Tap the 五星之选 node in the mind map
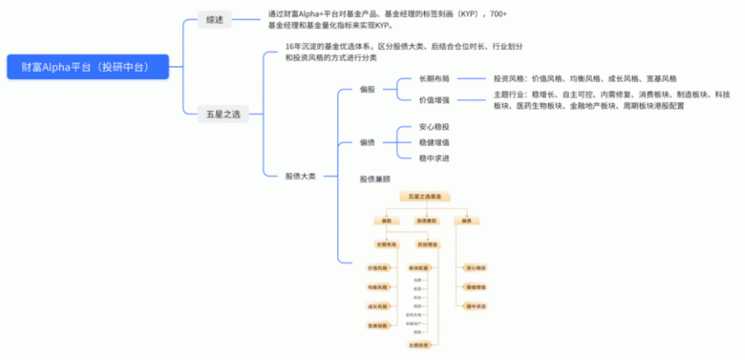[223, 114]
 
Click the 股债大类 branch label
[300, 176]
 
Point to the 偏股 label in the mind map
[368, 89]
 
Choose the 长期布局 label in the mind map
[435, 78]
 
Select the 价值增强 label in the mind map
[435, 99]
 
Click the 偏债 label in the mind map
[368, 142]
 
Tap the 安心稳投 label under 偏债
[435, 127]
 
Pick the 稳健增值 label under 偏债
[435, 142]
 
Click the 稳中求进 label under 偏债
[435, 158]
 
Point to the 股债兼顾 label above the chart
[374, 179]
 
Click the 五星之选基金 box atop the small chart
[425, 196]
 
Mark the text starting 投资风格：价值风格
[585, 78]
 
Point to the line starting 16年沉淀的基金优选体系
[403, 47]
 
